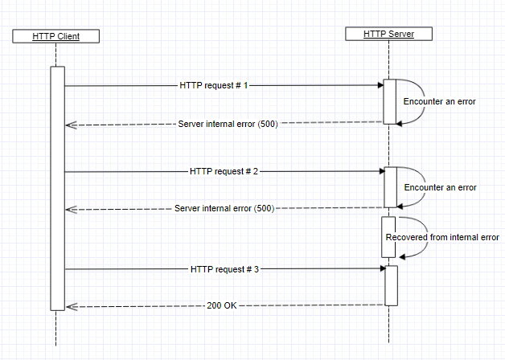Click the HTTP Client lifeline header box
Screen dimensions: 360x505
click(55, 36)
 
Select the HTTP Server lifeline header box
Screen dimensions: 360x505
click(389, 34)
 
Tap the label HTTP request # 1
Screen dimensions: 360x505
click(213, 84)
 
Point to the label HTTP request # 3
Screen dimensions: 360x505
click(224, 269)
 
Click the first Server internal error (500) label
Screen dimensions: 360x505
click(228, 125)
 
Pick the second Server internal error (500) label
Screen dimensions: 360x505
click(224, 208)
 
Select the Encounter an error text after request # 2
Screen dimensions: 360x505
click(440, 187)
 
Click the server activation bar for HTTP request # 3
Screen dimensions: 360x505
click(391, 285)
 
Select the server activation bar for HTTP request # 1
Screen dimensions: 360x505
click(389, 101)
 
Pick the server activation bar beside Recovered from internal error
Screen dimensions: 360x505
click(388, 236)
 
